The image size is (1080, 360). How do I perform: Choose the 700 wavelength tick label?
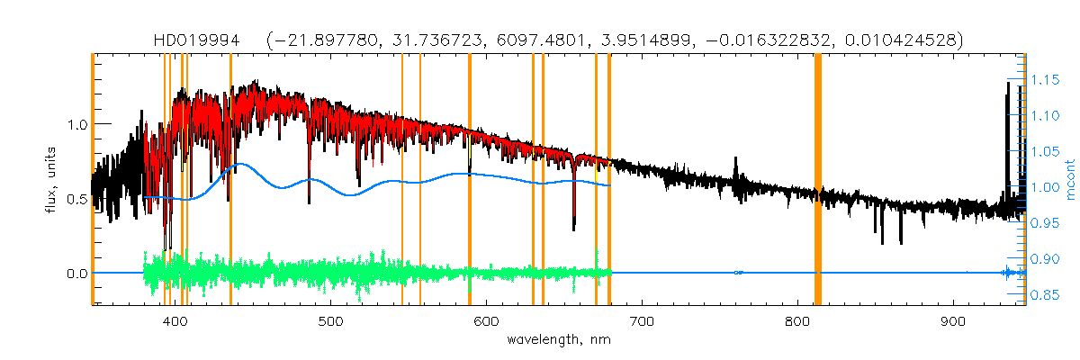tap(642, 321)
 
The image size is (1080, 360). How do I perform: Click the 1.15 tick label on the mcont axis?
tap(1046, 80)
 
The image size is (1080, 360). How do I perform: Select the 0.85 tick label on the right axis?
tap(1046, 294)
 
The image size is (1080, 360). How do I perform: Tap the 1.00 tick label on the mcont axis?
tap(1046, 187)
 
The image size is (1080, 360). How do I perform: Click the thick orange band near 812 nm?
tap(818, 180)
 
